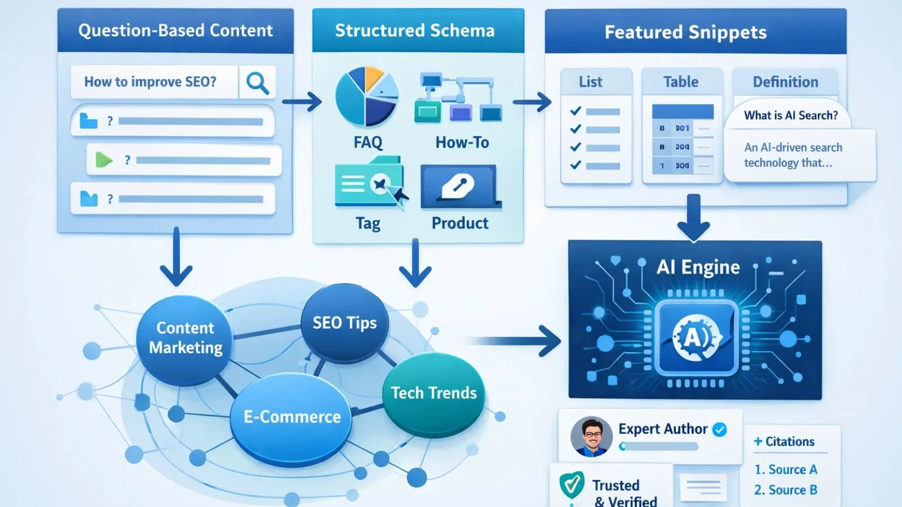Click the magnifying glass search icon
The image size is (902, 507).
coord(257,83)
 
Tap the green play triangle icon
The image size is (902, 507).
coord(103,160)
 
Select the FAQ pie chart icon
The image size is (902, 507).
coord(366,96)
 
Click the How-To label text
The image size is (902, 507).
coord(462,143)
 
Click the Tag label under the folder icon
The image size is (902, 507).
coord(368,224)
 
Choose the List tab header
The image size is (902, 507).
coord(590,82)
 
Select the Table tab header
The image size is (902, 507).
coord(681,82)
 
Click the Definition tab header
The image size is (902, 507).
coord(785,82)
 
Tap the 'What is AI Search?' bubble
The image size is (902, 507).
coord(790,115)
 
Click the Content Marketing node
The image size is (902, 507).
coord(185,338)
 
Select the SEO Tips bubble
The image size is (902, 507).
coord(344,323)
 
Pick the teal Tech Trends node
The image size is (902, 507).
coord(434,393)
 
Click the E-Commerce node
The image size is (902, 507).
coord(292,417)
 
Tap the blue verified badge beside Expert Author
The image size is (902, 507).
coord(719,430)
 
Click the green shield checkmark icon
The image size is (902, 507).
coord(572,484)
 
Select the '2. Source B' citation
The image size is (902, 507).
coord(785,490)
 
